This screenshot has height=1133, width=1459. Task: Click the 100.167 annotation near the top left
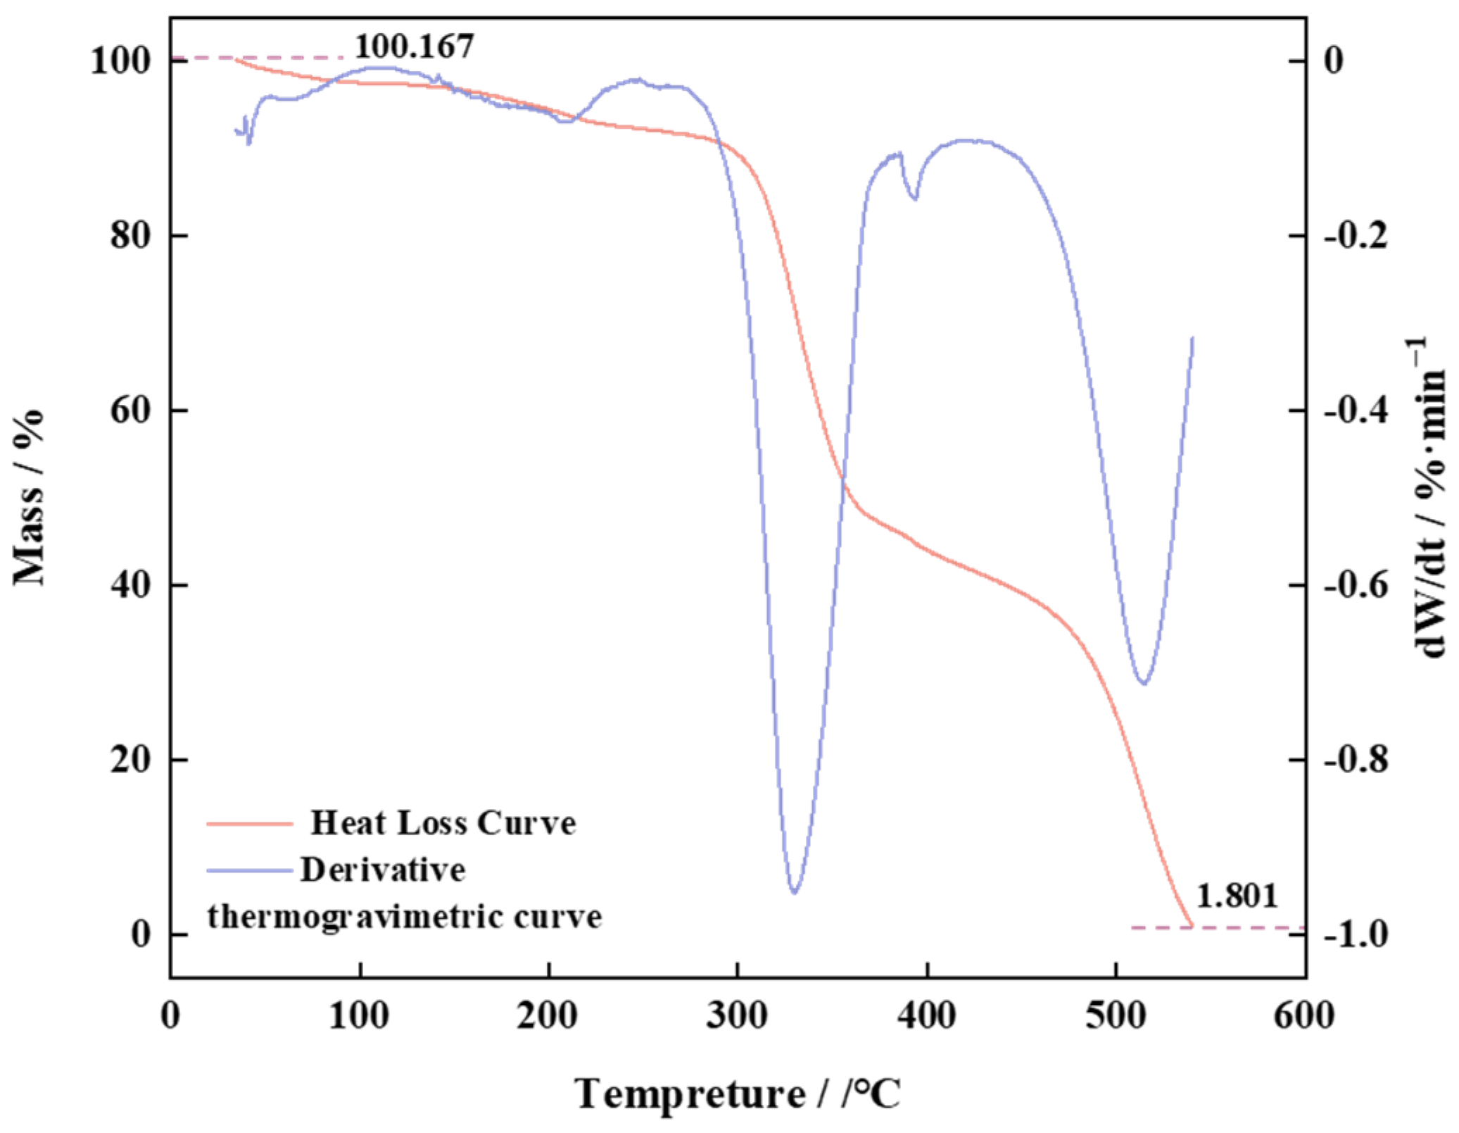pyautogui.click(x=414, y=46)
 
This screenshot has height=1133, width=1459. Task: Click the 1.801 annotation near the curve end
pyautogui.click(x=1237, y=896)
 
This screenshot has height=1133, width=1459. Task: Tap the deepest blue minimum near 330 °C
pyautogui.click(x=795, y=892)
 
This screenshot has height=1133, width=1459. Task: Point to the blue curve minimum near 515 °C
pyautogui.click(x=1143, y=683)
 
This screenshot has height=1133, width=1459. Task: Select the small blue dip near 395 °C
pyautogui.click(x=914, y=198)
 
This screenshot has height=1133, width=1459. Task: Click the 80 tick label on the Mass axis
pyautogui.click(x=130, y=234)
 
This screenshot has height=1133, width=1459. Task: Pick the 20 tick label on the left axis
pyautogui.click(x=130, y=759)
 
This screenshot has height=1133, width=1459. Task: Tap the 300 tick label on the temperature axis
pyautogui.click(x=737, y=1016)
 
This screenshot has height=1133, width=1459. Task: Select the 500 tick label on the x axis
pyautogui.click(x=1116, y=1016)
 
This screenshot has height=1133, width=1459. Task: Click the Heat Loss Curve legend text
pyautogui.click(x=443, y=822)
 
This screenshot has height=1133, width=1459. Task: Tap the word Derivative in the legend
pyautogui.click(x=383, y=870)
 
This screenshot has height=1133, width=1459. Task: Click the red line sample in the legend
pyautogui.click(x=249, y=823)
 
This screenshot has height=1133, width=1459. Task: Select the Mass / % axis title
pyautogui.click(x=28, y=496)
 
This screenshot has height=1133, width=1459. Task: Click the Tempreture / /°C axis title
pyautogui.click(x=737, y=1094)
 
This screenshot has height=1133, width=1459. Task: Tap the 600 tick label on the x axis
pyautogui.click(x=1304, y=1016)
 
